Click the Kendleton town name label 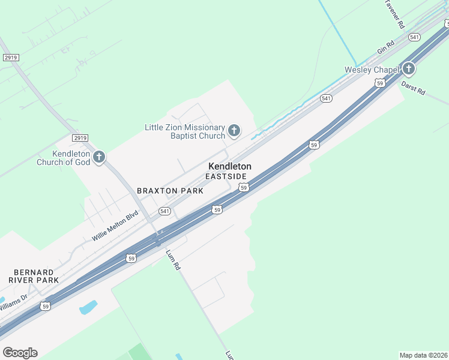pyautogui.click(x=229, y=166)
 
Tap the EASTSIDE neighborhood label pyautogui.click(x=226, y=176)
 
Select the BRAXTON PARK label pyautogui.click(x=170, y=191)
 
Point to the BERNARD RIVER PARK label pyautogui.click(x=34, y=276)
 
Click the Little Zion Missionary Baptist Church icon pyautogui.click(x=234, y=130)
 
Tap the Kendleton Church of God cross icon pyautogui.click(x=99, y=157)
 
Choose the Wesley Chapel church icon pyautogui.click(x=408, y=68)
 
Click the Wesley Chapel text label pyautogui.click(x=372, y=70)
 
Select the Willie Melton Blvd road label pyautogui.click(x=115, y=226)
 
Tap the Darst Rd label pyautogui.click(x=413, y=89)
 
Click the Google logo pyautogui.click(x=20, y=352)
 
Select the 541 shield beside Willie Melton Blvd pyautogui.click(x=165, y=211)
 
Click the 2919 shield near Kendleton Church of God pyautogui.click(x=80, y=138)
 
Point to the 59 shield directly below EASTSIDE pyautogui.click(x=243, y=188)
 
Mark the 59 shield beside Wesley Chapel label pyautogui.click(x=380, y=83)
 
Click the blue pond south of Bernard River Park pyautogui.click(x=88, y=307)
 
